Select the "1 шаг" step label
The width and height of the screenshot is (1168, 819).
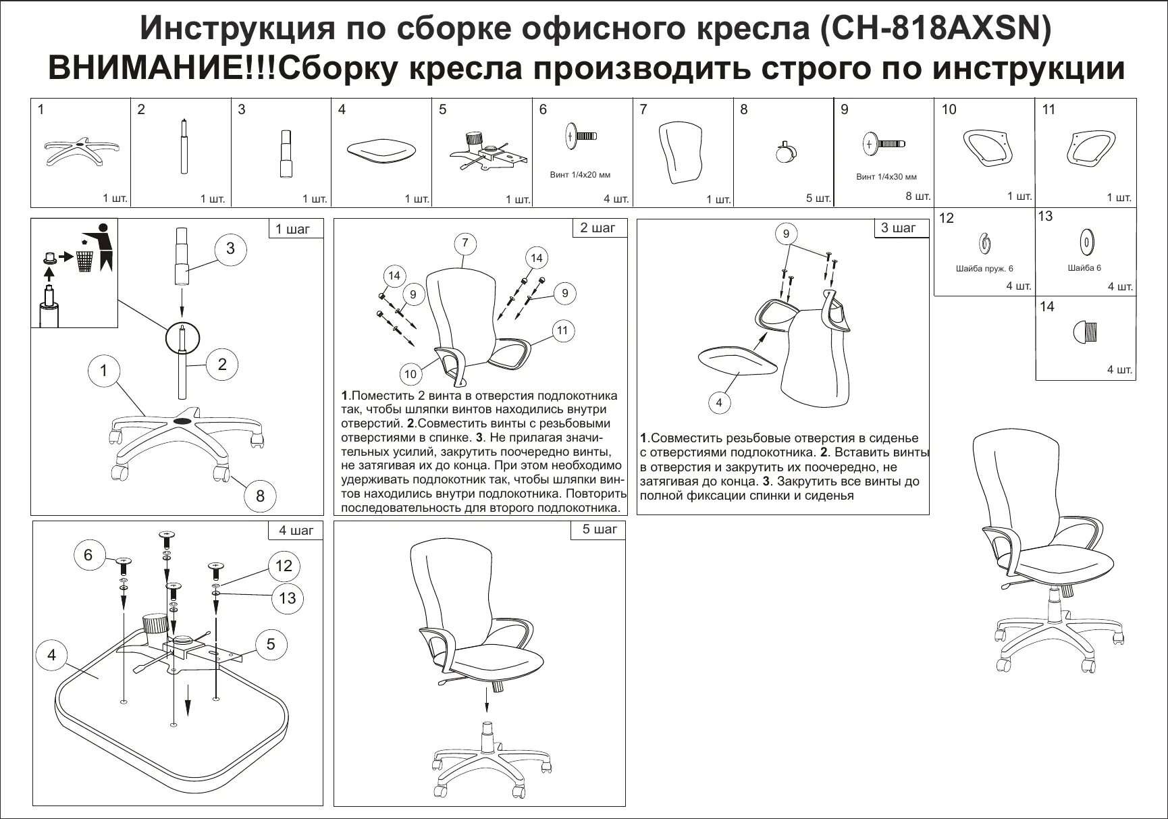pyautogui.click(x=292, y=230)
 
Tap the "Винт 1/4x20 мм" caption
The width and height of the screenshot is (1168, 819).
pyautogui.click(x=580, y=175)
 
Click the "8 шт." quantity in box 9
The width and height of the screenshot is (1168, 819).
pyautogui.click(x=918, y=196)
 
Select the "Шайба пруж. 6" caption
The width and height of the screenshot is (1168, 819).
pyautogui.click(x=984, y=269)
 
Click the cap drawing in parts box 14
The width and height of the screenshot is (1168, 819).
pyautogui.click(x=1086, y=331)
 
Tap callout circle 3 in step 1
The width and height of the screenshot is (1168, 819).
pyautogui.click(x=230, y=248)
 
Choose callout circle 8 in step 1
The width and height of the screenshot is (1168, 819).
pyautogui.click(x=260, y=496)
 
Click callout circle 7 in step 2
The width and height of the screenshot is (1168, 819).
pyautogui.click(x=465, y=243)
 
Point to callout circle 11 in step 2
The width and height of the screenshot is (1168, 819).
pyautogui.click(x=562, y=331)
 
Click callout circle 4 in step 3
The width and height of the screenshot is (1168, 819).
pyautogui.click(x=719, y=403)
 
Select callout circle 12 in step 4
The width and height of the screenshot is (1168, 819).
pyautogui.click(x=283, y=565)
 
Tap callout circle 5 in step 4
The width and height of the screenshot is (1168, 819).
pyautogui.click(x=270, y=644)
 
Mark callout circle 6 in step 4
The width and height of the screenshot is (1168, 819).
pyautogui.click(x=88, y=555)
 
